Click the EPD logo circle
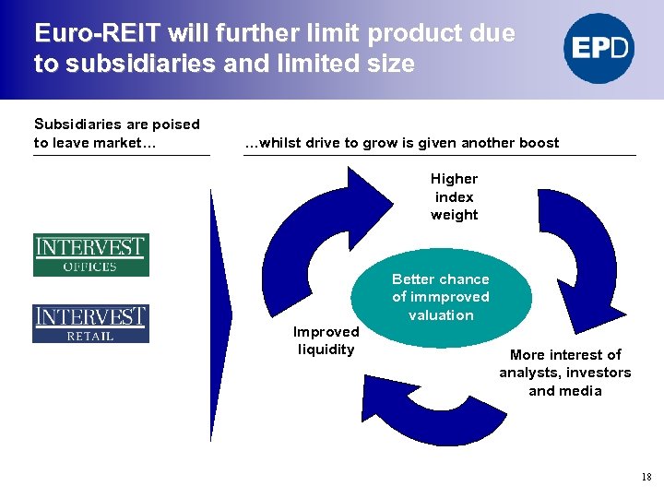pyautogui.click(x=599, y=48)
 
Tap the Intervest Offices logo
pyautogui.click(x=90, y=255)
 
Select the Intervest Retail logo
pyautogui.click(x=90, y=323)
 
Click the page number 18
pyautogui.click(x=646, y=477)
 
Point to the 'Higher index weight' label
pyautogui.click(x=454, y=196)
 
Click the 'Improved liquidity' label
pyautogui.click(x=326, y=340)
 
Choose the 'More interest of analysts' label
pyautogui.click(x=565, y=373)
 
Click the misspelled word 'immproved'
pyautogui.click(x=450, y=297)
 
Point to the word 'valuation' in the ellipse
pyautogui.click(x=441, y=315)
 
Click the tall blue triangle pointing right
pyautogui.click(x=220, y=314)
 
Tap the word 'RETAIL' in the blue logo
pyautogui.click(x=90, y=336)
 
